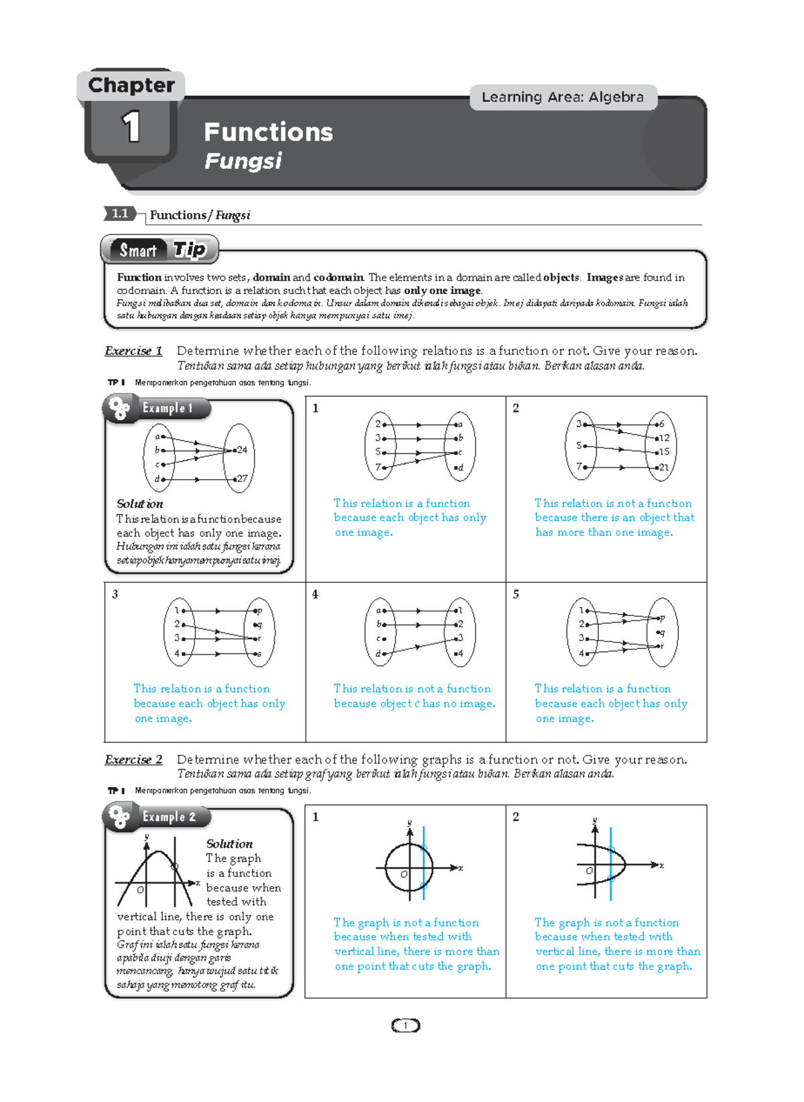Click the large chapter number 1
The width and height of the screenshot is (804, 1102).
click(x=131, y=127)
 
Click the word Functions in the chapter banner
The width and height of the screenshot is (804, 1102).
click(x=268, y=132)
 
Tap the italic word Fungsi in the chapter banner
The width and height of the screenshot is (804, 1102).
click(x=243, y=161)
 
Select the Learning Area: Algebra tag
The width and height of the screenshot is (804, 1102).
click(x=563, y=97)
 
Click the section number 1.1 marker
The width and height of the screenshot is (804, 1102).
click(x=120, y=214)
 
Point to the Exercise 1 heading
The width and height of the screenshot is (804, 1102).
click(x=133, y=350)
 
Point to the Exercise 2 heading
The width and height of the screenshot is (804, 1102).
click(x=133, y=759)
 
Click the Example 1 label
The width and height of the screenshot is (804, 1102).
click(x=167, y=408)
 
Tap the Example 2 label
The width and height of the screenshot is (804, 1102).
click(x=169, y=817)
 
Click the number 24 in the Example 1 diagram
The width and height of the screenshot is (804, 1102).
click(x=242, y=450)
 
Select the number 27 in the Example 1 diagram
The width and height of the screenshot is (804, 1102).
click(x=242, y=478)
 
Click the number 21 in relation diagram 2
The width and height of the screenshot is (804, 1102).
click(x=663, y=467)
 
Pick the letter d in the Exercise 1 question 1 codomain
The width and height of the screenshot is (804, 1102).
click(x=460, y=467)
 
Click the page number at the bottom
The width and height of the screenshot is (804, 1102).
click(x=405, y=1025)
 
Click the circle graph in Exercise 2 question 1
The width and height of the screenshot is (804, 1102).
click(x=409, y=867)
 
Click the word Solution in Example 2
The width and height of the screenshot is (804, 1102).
click(x=229, y=843)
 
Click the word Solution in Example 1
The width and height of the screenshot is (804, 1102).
click(x=139, y=504)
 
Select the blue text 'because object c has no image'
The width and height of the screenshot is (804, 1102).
click(x=415, y=703)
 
